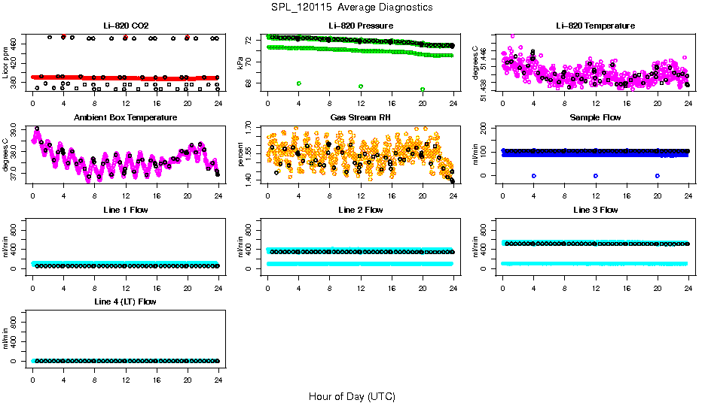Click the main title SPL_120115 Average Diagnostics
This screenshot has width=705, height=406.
coord(352,7)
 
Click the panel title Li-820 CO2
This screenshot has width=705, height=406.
coord(125,26)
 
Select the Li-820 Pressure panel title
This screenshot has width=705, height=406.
coord(360,26)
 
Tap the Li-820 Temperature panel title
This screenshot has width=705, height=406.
coord(595,26)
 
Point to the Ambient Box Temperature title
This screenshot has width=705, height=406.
coord(125,118)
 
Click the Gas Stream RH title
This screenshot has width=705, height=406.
coord(360,118)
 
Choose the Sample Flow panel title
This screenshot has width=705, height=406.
coord(595,118)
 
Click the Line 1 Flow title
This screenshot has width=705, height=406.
coord(125,210)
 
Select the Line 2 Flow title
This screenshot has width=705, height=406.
coord(360,210)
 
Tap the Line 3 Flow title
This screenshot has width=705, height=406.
coord(595,210)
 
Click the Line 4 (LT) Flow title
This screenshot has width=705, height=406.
coord(125,301)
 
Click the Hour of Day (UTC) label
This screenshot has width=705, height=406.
coord(352,395)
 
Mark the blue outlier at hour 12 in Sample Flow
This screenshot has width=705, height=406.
coord(596,175)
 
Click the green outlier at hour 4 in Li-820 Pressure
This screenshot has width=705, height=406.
coord(299,83)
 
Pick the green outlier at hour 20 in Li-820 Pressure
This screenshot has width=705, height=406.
coord(423,89)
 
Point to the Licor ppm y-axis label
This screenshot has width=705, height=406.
coord(6,63)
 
